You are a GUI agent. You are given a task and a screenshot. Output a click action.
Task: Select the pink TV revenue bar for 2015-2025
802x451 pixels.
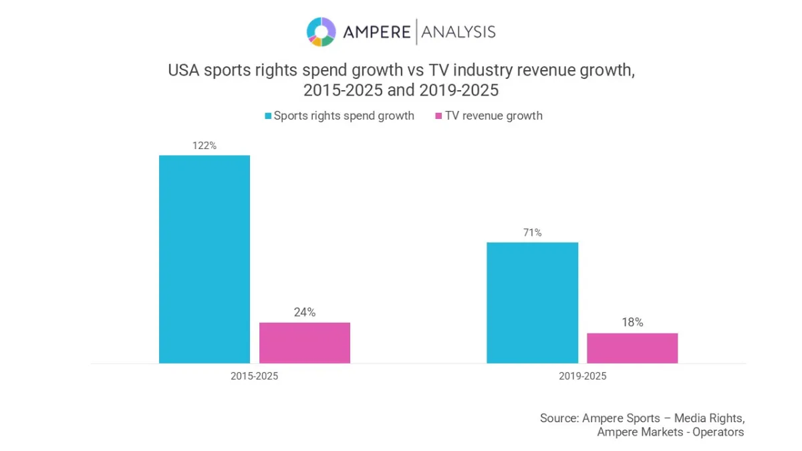tap(305, 343)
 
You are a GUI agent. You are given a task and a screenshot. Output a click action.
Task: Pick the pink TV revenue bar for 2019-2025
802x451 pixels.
tap(632, 348)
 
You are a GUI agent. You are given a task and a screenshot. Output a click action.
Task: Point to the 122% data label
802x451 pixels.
tap(204, 146)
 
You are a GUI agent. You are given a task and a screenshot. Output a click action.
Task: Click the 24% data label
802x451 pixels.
tap(305, 312)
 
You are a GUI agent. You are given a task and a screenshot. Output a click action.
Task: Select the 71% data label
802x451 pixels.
tap(532, 233)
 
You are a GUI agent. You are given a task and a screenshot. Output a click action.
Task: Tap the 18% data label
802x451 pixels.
tap(632, 323)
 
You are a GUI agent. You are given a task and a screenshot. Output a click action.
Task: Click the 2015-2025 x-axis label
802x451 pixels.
tap(254, 376)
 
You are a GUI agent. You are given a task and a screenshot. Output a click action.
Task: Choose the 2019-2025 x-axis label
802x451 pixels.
tap(582, 376)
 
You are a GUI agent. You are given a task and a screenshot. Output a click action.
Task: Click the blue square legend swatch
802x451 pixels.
tap(268, 116)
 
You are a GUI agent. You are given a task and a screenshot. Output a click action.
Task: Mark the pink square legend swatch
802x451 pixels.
tap(439, 116)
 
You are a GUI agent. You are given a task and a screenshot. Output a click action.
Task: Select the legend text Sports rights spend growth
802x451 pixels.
tap(344, 116)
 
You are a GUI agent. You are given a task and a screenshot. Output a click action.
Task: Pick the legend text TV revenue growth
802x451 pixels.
tap(494, 116)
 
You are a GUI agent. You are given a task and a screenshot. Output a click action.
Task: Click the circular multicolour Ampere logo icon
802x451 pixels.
tap(321, 31)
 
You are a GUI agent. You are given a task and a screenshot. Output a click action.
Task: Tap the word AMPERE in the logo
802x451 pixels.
tap(376, 31)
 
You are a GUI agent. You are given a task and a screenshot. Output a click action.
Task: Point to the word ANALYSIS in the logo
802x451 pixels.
tap(458, 31)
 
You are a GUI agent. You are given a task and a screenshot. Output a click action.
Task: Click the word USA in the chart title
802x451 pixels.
tap(182, 70)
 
